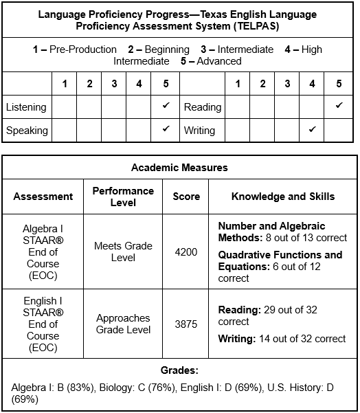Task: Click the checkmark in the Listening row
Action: click(166, 106)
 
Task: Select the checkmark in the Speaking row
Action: click(166, 129)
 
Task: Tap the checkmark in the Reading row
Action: click(339, 106)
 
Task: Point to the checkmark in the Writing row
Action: click(313, 129)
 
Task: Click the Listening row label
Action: click(26, 107)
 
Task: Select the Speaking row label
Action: click(27, 130)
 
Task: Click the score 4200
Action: click(186, 252)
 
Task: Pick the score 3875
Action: click(186, 324)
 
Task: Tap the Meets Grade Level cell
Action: click(124, 252)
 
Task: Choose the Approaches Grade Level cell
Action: click(124, 324)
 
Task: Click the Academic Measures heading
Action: click(179, 168)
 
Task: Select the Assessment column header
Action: click(43, 197)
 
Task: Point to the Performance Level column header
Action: click(124, 197)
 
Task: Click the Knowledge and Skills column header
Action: click(283, 197)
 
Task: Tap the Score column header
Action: click(186, 197)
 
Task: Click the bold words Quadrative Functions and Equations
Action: click(280, 260)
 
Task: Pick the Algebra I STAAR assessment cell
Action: click(43, 252)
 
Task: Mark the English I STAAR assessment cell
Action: click(43, 324)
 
